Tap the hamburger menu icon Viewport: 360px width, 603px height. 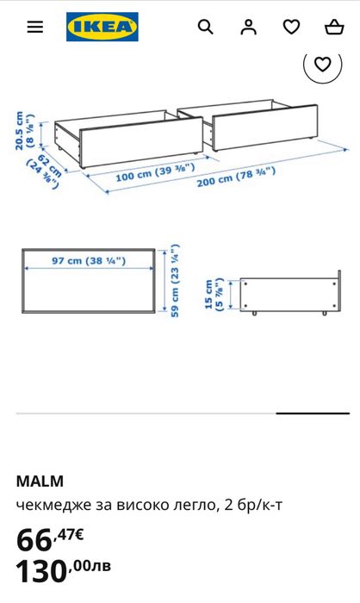(x=34, y=27)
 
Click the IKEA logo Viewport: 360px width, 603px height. (x=102, y=27)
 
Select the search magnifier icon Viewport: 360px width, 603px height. (x=205, y=27)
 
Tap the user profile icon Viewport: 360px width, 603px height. (x=249, y=27)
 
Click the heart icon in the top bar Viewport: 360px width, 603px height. (x=292, y=27)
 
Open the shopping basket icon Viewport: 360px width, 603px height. (x=334, y=27)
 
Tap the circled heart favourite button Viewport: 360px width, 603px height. (x=322, y=64)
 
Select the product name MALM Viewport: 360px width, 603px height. (x=40, y=481)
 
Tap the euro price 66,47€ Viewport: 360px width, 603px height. (x=50, y=539)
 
